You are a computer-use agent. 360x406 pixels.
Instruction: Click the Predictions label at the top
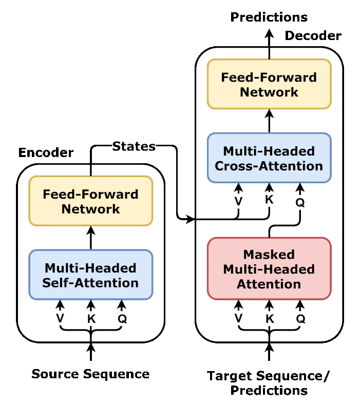(x=269, y=17)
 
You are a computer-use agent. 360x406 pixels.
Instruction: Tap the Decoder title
(x=313, y=36)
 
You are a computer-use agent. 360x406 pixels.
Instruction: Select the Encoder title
(x=46, y=152)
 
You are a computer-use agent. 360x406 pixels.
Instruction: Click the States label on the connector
(x=134, y=146)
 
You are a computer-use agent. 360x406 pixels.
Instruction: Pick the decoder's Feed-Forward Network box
(x=269, y=84)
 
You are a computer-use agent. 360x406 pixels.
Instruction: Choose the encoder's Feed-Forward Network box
(x=91, y=201)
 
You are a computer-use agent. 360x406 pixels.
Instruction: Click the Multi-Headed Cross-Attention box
(x=269, y=158)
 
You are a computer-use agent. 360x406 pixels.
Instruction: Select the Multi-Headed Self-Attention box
(x=91, y=275)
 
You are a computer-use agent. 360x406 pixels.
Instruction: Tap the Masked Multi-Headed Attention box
(x=269, y=269)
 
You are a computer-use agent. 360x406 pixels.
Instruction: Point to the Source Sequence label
(x=90, y=374)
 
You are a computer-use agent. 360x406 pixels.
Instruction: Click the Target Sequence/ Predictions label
(x=268, y=383)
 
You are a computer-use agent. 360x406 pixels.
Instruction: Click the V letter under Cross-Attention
(x=238, y=201)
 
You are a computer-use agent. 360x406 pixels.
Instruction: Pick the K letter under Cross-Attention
(x=269, y=200)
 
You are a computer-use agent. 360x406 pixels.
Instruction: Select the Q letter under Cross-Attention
(x=300, y=202)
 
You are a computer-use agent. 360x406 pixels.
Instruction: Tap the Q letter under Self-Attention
(x=122, y=319)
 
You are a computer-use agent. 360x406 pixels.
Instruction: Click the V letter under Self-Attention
(x=60, y=318)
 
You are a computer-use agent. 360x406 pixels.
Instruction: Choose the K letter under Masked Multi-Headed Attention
(x=270, y=319)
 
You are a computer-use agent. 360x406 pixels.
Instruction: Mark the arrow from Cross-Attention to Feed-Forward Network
(x=269, y=121)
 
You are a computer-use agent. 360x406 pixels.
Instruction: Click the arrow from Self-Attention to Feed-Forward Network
(x=91, y=238)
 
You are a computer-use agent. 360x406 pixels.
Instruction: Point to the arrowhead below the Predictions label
(x=269, y=34)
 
